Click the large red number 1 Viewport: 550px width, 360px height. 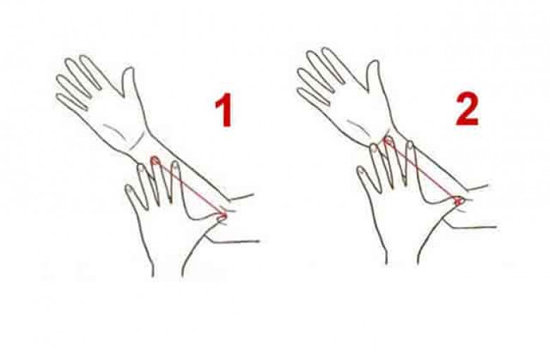[x=224, y=110]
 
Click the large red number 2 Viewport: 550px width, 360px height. [x=468, y=108]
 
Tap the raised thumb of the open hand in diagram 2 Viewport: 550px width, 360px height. [x=373, y=75]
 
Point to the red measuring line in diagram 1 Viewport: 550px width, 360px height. [x=190, y=188]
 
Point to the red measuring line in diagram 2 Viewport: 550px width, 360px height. [x=422, y=170]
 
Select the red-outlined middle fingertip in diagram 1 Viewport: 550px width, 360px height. [x=155, y=161]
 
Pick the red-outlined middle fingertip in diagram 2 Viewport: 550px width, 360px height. [x=387, y=141]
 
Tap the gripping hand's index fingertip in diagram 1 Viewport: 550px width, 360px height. [x=176, y=166]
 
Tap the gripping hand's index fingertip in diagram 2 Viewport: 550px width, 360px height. [x=410, y=145]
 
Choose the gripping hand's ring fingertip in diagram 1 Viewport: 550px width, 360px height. [x=141, y=169]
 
